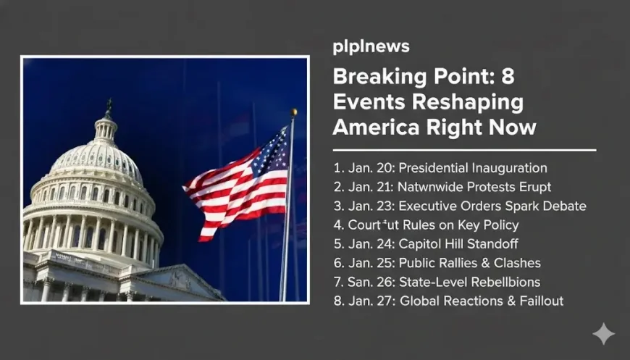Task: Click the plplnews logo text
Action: [x=371, y=47]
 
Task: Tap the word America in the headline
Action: [x=373, y=127]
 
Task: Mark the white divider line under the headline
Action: [x=464, y=150]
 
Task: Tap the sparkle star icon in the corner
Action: [x=603, y=334]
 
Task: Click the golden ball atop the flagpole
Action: [x=294, y=112]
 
